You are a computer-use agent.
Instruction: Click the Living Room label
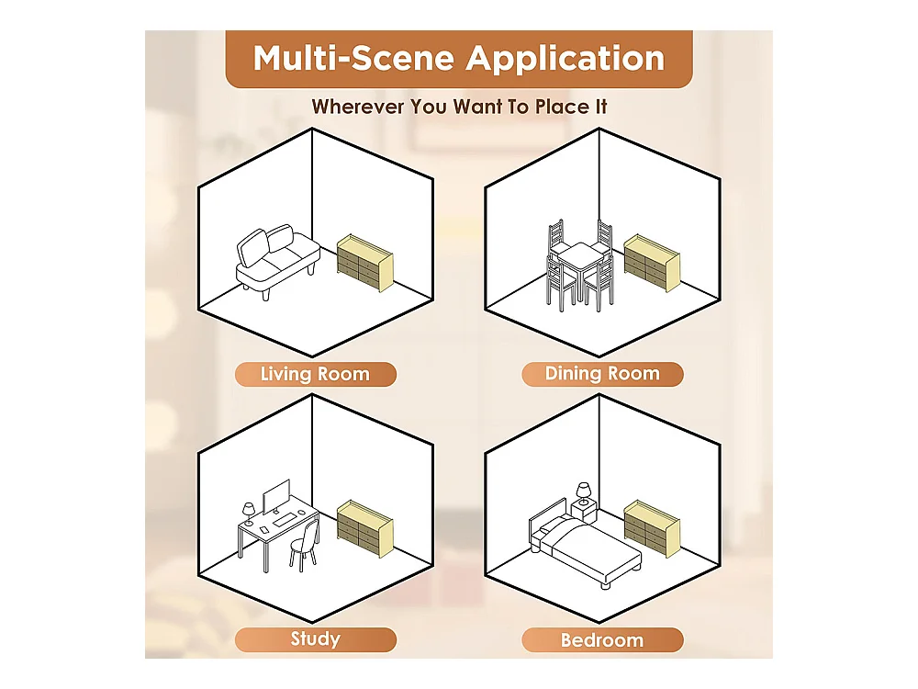tap(315, 374)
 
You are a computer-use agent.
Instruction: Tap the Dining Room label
tap(602, 374)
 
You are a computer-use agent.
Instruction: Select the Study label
tap(316, 639)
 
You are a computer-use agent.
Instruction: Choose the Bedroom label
tap(602, 639)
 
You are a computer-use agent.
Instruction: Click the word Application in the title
tap(565, 59)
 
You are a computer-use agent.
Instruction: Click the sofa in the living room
tap(278, 261)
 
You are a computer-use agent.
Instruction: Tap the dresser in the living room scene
tap(364, 263)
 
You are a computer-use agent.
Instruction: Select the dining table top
tap(580, 253)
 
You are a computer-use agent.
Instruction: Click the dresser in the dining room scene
tap(652, 263)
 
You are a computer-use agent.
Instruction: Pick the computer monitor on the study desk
tap(276, 497)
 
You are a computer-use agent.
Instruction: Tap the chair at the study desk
tap(305, 545)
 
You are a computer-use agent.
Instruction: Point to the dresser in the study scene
tap(364, 528)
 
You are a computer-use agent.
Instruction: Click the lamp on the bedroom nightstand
tap(584, 493)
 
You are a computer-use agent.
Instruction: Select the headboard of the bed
tap(548, 518)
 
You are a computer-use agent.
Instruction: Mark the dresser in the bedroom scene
tap(652, 528)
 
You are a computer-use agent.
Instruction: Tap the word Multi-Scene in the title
tap(353, 59)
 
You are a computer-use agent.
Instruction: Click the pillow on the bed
tap(546, 530)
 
